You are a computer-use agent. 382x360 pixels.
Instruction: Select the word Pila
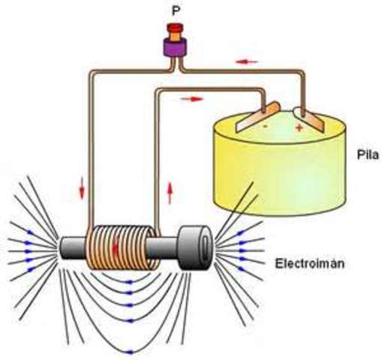[367, 156]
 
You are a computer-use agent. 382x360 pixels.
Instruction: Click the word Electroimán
[303, 263]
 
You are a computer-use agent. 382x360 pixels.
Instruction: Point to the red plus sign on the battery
[299, 128]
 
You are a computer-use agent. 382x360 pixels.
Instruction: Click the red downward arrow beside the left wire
[82, 190]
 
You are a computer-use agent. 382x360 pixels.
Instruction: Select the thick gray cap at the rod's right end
[194, 246]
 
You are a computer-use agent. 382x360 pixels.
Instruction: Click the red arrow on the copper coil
[115, 245]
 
